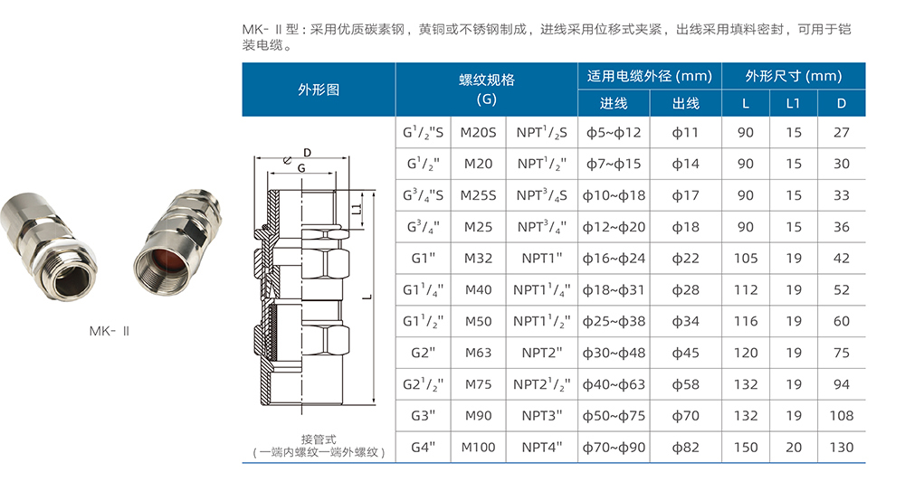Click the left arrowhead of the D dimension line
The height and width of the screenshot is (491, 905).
point(257,157)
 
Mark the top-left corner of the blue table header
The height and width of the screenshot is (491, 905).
point(243,63)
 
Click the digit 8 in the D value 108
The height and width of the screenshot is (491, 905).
point(850,416)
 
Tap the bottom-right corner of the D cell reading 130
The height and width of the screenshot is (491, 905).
point(865,462)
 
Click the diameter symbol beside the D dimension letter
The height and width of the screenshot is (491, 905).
point(288,160)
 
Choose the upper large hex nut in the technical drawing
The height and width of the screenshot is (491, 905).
point(301,262)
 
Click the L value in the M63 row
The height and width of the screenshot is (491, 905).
point(745,354)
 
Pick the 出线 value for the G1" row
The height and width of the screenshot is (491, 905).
point(685,259)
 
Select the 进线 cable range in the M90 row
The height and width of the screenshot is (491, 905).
point(614,416)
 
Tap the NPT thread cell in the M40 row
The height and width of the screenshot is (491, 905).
point(541,290)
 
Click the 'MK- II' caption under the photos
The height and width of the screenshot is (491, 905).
point(110,331)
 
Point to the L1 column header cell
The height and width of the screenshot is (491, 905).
point(793,103)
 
